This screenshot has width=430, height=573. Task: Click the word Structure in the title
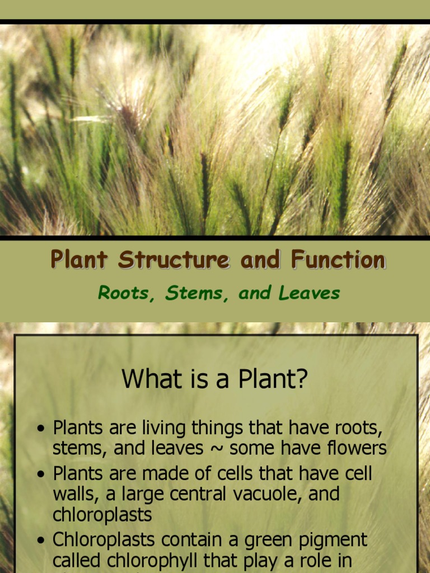tap(174, 260)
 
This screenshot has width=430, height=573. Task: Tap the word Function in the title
tap(338, 260)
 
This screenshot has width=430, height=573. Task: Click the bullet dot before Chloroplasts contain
tap(40, 541)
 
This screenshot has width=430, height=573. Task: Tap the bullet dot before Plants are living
tap(40, 429)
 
